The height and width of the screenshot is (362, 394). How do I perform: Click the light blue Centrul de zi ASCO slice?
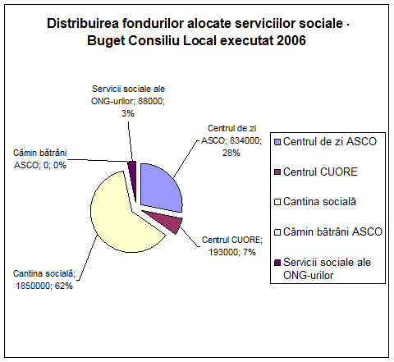158,189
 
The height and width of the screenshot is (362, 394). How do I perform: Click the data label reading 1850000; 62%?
44,280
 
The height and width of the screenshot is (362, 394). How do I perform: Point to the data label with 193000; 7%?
232,245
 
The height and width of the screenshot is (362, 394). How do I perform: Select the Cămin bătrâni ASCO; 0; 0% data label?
40,159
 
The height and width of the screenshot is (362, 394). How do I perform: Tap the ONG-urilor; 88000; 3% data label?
128,101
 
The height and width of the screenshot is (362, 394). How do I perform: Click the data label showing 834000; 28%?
231,140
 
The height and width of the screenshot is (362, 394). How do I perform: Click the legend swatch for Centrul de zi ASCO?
277,142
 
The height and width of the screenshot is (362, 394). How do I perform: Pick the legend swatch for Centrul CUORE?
277,172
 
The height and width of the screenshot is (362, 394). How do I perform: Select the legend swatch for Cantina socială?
277,203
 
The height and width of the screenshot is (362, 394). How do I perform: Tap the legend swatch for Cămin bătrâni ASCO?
277,232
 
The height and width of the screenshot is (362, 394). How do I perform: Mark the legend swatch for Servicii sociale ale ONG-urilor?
277,263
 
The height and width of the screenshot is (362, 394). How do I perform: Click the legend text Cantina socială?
319,202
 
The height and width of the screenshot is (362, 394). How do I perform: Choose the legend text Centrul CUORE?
320,172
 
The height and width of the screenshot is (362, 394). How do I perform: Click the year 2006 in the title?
291,41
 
